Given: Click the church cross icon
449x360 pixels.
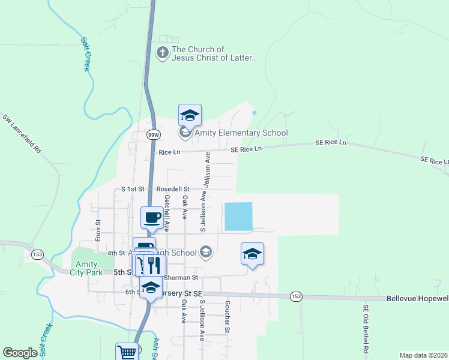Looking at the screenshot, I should click(162, 53).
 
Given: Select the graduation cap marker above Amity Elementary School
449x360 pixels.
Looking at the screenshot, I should click(190, 114).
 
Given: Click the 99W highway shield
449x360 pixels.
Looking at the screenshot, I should click(153, 135).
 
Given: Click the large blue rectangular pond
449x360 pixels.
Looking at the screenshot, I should click(238, 216).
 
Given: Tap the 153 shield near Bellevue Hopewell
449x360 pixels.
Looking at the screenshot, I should click(295, 296).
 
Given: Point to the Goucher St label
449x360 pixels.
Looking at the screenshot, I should click(228, 317).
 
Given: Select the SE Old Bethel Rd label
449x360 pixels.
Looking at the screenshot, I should click(365, 328).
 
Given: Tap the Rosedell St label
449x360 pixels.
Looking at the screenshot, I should click(173, 189).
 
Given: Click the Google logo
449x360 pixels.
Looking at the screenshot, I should click(20, 353).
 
